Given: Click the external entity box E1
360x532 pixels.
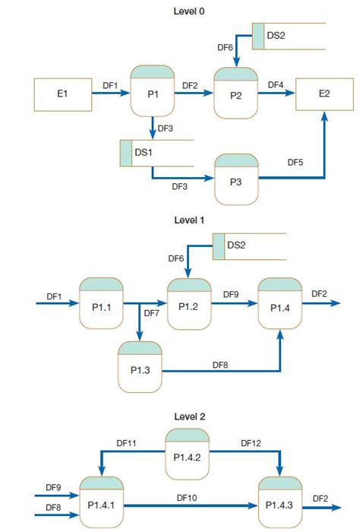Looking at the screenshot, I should click(x=62, y=95).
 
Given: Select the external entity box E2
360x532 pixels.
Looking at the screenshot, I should click(x=324, y=94).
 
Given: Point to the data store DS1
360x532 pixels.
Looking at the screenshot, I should click(x=156, y=153).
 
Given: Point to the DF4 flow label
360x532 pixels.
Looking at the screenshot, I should click(x=276, y=84).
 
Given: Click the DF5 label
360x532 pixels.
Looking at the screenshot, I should click(x=296, y=162).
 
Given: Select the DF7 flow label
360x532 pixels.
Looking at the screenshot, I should click(x=151, y=313).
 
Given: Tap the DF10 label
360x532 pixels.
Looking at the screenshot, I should click(x=187, y=497).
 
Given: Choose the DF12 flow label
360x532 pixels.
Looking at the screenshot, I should click(x=251, y=442).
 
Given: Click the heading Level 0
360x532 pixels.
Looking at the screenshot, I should click(x=189, y=11).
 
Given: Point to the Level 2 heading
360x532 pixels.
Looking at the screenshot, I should click(x=189, y=416).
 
